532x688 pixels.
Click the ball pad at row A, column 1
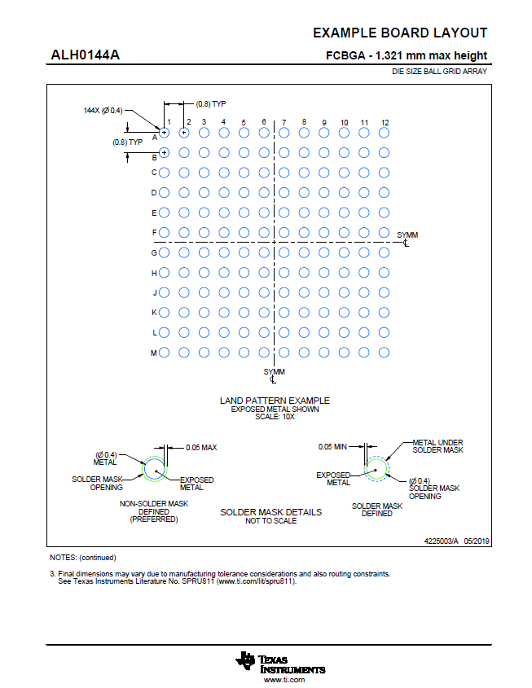click(164, 132)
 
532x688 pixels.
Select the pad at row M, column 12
click(384, 353)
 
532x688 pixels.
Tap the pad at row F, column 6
click(264, 232)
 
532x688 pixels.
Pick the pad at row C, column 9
click(323, 173)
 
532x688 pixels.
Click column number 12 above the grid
click(385, 122)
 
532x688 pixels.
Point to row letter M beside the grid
click(153, 353)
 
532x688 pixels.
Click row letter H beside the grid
click(153, 273)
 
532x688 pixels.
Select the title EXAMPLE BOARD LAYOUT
click(400, 33)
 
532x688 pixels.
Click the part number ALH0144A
click(85, 55)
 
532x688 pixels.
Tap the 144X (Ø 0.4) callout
click(103, 110)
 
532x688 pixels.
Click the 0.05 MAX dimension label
click(201, 447)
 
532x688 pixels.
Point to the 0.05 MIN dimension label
click(332, 447)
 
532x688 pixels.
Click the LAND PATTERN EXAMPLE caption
click(275, 401)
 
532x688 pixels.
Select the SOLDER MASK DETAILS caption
click(271, 512)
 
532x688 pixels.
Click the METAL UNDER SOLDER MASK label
click(437, 446)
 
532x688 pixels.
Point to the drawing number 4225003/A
click(442, 540)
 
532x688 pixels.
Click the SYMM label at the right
click(407, 235)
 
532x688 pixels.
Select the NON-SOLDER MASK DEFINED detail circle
click(155, 469)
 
